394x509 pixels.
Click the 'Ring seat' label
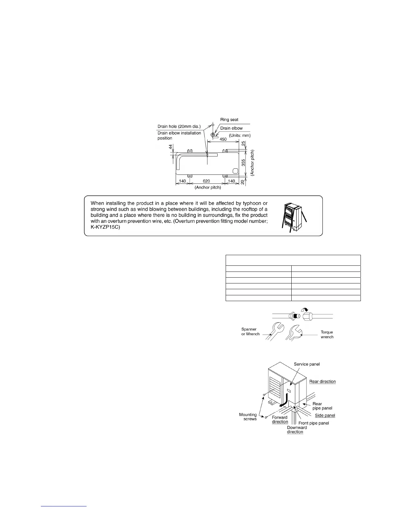[x=229, y=120]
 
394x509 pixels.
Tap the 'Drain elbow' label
[x=231, y=128]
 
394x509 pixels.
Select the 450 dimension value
[x=223, y=139]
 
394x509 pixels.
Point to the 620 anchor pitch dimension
[x=206, y=181]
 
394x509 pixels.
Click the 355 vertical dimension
[x=244, y=163]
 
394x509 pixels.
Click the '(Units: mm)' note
[x=239, y=135]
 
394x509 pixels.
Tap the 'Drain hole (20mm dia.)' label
[x=179, y=127]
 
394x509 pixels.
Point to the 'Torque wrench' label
[x=327, y=335]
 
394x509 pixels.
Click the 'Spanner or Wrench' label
[x=250, y=332]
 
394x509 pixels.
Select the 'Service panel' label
[x=307, y=364]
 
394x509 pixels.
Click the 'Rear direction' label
[x=323, y=381]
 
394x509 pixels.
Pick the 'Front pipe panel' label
[x=314, y=423]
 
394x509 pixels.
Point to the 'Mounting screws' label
[x=248, y=417]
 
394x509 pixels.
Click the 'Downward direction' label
[x=297, y=430]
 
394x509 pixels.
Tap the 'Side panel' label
[x=325, y=415]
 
